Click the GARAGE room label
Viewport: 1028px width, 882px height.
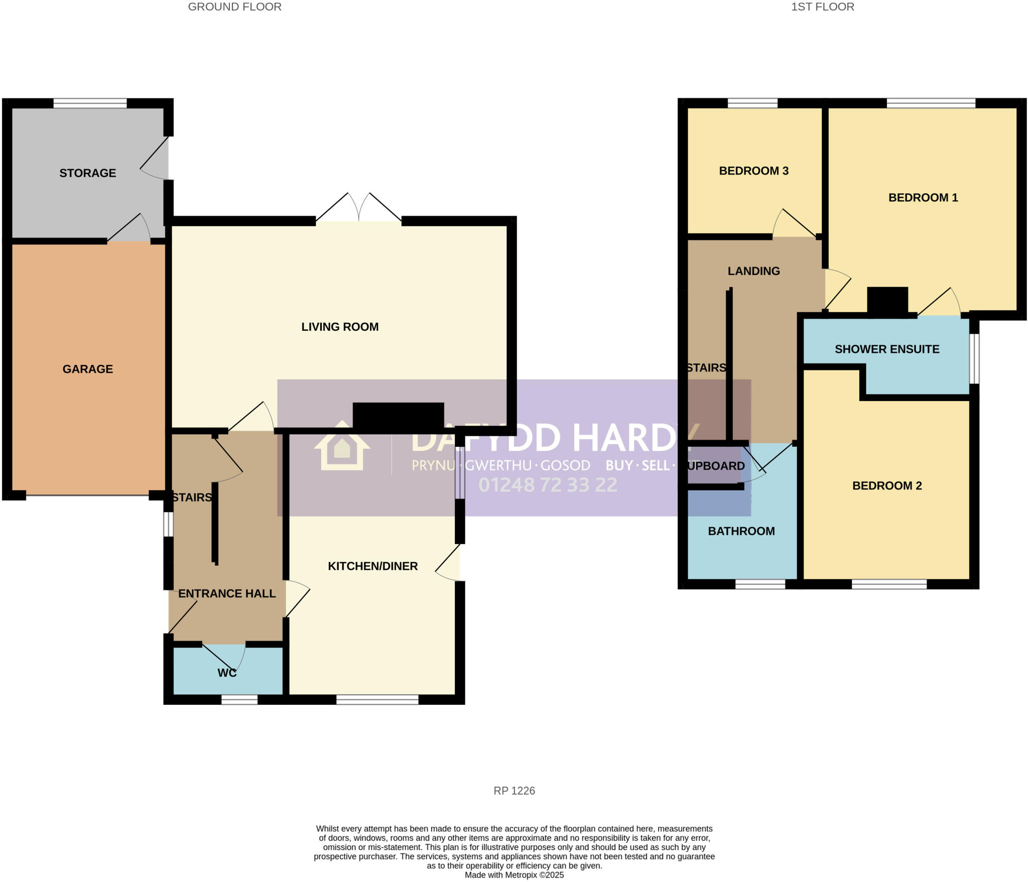[87, 369]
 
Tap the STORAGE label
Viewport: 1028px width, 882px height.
[87, 173]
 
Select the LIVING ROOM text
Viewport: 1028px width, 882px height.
[340, 327]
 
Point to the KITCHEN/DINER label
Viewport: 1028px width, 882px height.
[372, 566]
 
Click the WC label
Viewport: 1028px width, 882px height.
[227, 673]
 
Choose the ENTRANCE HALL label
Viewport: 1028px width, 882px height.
[227, 593]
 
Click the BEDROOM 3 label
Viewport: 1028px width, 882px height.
[753, 171]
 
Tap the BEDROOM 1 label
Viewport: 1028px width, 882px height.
[923, 198]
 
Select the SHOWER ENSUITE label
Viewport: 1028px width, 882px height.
[886, 349]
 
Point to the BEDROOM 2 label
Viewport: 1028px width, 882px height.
[886, 485]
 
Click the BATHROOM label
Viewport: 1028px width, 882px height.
[741, 531]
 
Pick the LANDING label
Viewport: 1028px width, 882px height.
[753, 271]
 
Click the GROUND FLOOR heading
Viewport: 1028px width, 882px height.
[234, 7]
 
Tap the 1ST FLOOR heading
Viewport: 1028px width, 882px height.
[822, 7]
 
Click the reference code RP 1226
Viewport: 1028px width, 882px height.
[514, 791]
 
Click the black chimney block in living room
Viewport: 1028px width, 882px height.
[398, 416]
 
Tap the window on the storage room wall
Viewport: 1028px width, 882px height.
[90, 103]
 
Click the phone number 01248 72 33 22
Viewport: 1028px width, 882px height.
[547, 485]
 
